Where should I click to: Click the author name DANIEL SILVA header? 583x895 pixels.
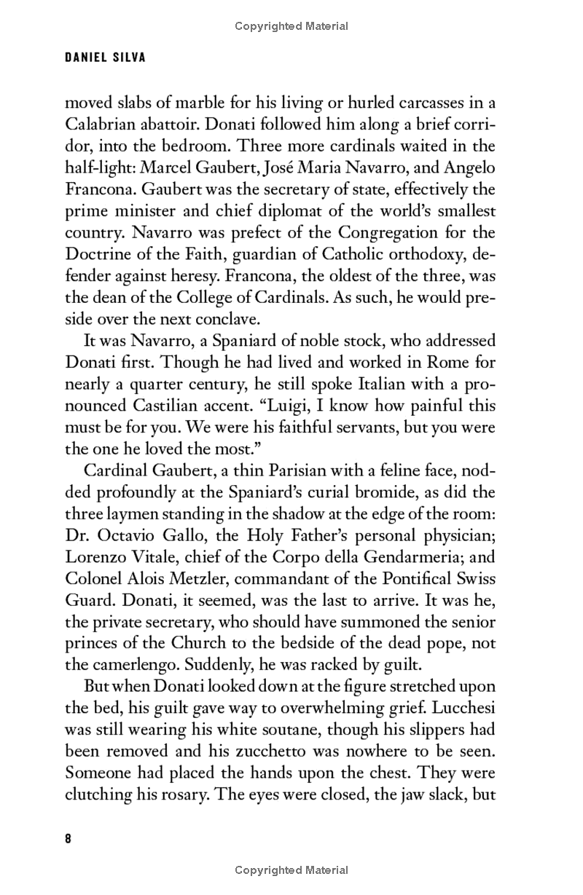tap(105, 58)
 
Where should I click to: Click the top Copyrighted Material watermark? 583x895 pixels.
tap(291, 26)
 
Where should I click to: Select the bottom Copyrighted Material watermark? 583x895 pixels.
tap(291, 870)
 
